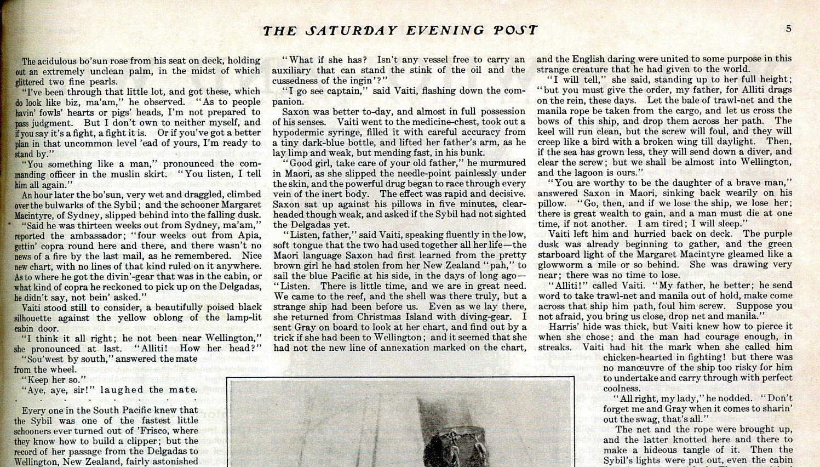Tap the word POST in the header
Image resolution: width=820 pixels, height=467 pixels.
coord(515,31)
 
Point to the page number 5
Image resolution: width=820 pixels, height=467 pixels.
coord(788,29)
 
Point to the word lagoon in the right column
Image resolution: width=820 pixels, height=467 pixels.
coord(590,172)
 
